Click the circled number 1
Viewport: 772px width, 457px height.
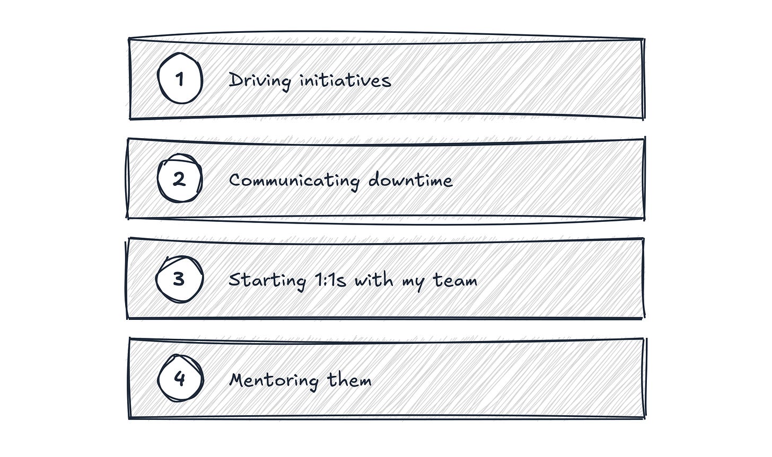[180, 78]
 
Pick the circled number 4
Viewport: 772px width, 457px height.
[180, 378]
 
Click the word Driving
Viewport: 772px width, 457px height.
[260, 82]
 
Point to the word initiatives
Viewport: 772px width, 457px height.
[346, 80]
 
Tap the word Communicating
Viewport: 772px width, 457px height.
[294, 181]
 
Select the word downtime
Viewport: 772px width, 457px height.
[410, 180]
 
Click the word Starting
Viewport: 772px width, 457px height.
[267, 281]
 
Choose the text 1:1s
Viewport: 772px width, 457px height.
[330, 280]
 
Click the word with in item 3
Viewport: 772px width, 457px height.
[374, 279]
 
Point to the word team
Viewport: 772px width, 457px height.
[455, 280]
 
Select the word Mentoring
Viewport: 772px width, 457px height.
[274, 381]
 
